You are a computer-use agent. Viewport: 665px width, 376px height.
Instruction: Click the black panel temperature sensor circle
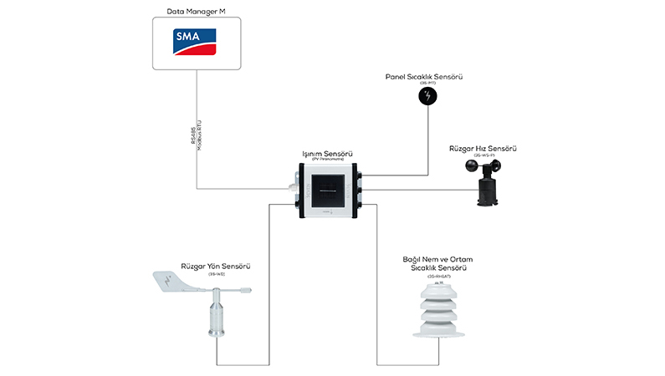[x=428, y=96]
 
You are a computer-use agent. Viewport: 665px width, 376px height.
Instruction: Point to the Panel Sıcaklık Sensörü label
[x=424, y=76]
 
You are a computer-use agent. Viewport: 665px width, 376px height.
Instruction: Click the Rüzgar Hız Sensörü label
[x=483, y=149]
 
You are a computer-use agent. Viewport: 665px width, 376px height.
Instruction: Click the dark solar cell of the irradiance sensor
[x=328, y=190]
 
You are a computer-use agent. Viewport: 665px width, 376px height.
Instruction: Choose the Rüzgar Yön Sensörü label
[x=216, y=267]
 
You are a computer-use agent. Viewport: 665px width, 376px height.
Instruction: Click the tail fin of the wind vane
[x=173, y=282]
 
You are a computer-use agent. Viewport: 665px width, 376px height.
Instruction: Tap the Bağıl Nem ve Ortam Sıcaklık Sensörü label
[x=438, y=264]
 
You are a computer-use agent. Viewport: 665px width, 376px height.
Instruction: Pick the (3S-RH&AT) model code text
[x=438, y=277]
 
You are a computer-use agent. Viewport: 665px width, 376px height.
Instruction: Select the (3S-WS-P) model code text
[x=484, y=156]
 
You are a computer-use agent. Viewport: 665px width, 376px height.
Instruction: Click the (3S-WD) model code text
[x=216, y=274]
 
